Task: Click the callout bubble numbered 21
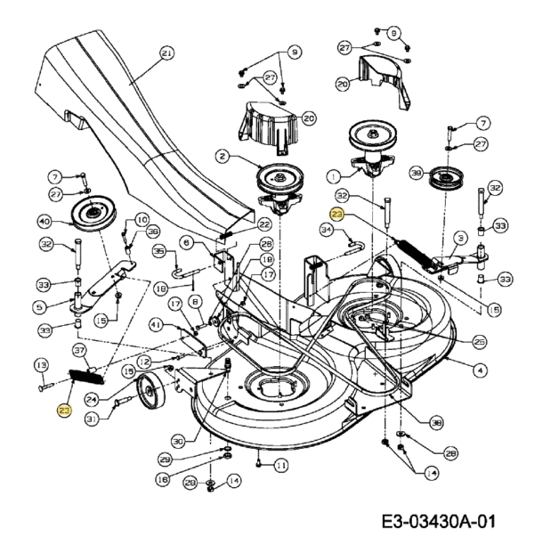click(x=166, y=53)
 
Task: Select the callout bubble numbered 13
click(x=40, y=364)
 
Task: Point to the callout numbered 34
click(x=326, y=231)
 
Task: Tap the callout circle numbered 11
click(x=281, y=465)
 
